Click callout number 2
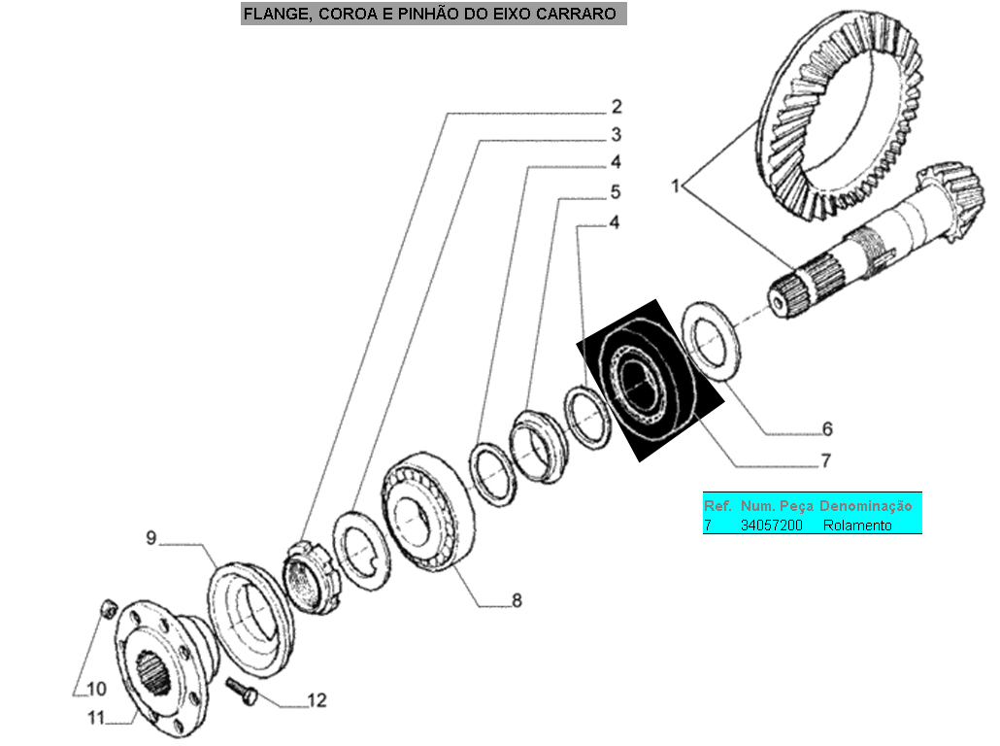point(617,106)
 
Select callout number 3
point(617,134)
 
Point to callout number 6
point(827,428)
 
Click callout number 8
point(517,601)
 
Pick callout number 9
point(150,536)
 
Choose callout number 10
point(96,690)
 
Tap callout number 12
point(317,699)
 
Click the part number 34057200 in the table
point(771,526)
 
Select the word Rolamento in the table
point(857,526)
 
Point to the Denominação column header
point(866,506)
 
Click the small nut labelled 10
point(110,609)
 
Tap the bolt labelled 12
point(243,692)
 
